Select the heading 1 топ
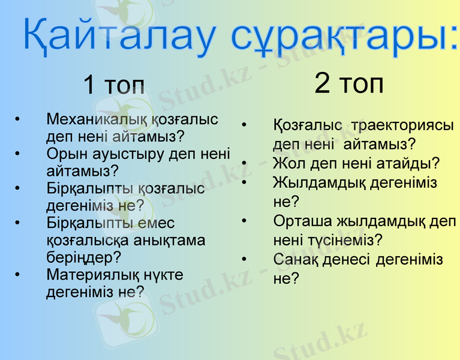[x=114, y=85]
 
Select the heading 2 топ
[x=349, y=84]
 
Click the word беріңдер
[x=83, y=257]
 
